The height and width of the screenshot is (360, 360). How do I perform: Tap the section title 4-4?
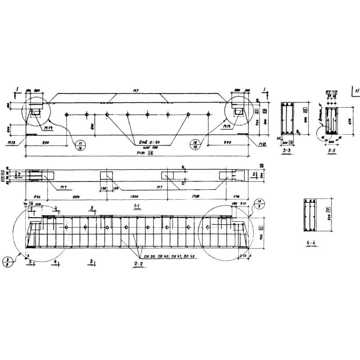point(310,243)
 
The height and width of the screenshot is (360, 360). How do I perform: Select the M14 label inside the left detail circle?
point(47,127)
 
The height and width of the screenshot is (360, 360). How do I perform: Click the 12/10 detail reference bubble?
point(196,144)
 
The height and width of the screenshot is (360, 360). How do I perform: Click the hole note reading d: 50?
point(145,143)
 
